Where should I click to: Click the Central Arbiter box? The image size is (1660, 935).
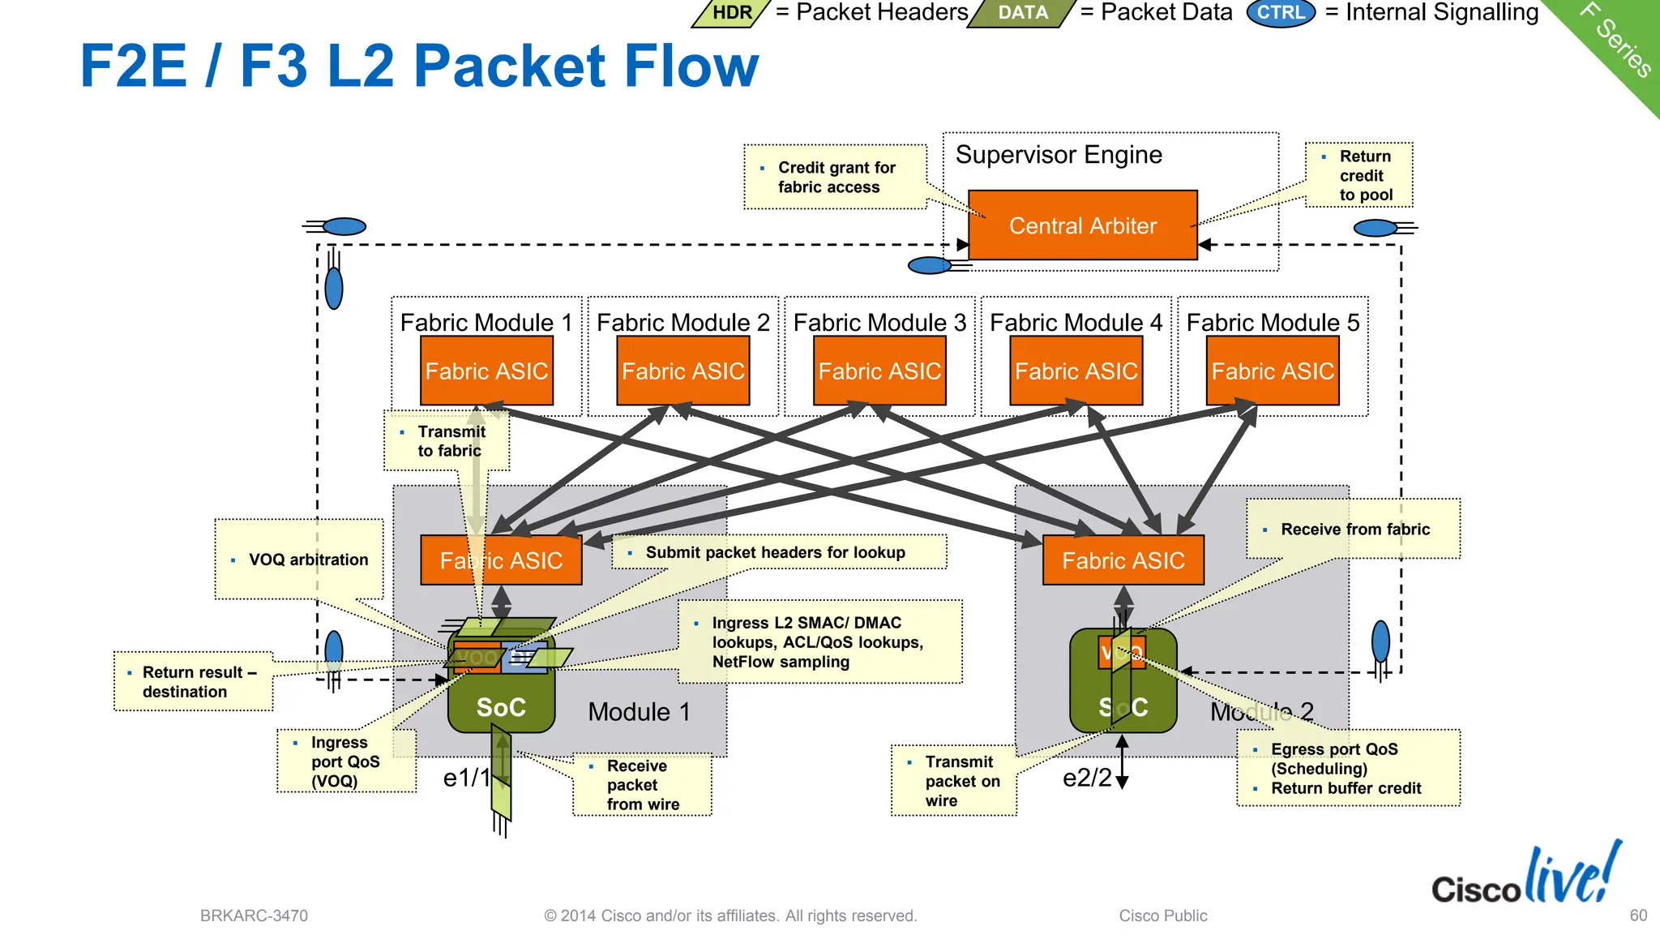[1082, 225]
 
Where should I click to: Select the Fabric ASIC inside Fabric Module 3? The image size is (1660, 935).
[879, 371]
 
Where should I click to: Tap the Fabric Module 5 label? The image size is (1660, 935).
[1273, 322]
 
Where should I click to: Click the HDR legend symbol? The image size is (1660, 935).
[731, 13]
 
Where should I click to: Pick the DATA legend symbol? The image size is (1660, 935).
[1023, 13]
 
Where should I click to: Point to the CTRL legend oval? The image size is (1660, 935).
[1281, 13]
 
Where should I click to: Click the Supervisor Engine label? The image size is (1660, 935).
[1059, 155]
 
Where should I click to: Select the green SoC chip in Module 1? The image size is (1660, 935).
[501, 706]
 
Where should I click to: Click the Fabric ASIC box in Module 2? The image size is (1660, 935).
[1123, 560]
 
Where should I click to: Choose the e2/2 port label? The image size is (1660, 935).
[1087, 778]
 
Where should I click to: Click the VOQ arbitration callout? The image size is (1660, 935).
[299, 560]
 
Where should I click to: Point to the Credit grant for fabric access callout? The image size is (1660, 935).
[835, 177]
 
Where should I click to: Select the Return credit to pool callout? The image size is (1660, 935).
[1359, 175]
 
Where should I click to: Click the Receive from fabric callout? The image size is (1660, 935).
[1354, 530]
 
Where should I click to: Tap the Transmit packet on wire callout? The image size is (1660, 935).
[954, 781]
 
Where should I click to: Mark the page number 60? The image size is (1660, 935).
[1638, 916]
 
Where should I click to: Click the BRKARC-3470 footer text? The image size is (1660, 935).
[254, 916]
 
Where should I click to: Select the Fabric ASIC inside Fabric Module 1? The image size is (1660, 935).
[486, 371]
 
